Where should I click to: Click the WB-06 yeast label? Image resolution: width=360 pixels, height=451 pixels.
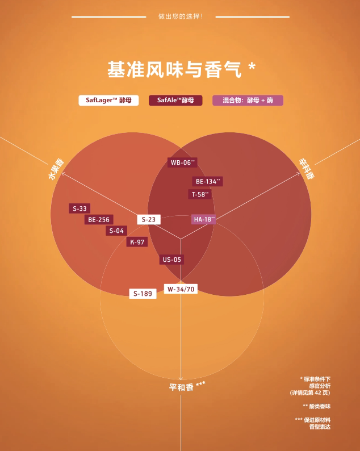click(x=182, y=162)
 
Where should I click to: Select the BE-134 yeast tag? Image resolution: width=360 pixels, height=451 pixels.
click(x=207, y=182)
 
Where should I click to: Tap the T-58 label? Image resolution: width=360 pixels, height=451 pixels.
click(x=200, y=194)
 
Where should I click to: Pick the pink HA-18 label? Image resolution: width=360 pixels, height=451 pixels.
click(x=203, y=219)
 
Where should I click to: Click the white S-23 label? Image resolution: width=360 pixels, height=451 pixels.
click(x=148, y=219)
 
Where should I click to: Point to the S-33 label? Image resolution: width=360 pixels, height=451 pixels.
click(x=79, y=208)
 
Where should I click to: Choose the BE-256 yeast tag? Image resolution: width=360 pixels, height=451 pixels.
click(x=98, y=220)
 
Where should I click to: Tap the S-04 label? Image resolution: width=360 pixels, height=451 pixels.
click(x=116, y=231)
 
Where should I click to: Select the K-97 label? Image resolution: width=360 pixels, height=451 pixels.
click(x=137, y=242)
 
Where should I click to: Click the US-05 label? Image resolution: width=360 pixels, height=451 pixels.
click(x=171, y=260)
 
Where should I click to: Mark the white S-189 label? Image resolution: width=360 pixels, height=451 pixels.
click(x=143, y=294)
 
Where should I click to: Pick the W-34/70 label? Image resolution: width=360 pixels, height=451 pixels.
click(x=181, y=289)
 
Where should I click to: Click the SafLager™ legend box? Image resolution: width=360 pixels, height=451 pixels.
click(x=108, y=101)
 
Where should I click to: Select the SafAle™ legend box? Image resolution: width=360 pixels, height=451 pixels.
click(x=175, y=101)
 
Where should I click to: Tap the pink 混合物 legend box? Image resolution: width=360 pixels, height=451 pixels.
click(x=248, y=101)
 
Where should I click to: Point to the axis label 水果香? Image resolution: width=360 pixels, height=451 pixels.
click(x=56, y=169)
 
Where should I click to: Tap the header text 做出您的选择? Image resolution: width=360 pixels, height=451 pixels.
click(x=180, y=16)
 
